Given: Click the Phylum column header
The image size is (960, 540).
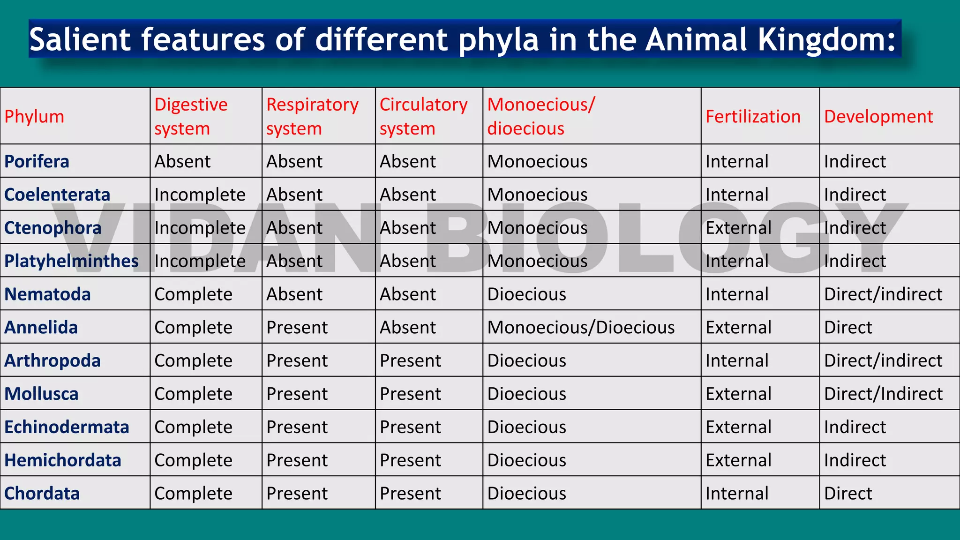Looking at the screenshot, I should click(34, 116).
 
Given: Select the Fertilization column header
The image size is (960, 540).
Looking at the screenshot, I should click(753, 116).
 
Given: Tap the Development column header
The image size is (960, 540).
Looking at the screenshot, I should click(878, 116).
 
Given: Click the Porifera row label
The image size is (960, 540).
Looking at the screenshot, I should click(37, 161).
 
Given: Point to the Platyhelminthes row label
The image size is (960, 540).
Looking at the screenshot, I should click(71, 261).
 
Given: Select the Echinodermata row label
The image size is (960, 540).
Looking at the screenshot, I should click(67, 427).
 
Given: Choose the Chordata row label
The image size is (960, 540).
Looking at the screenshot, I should click(42, 493).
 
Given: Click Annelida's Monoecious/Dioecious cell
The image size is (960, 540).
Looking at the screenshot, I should click(581, 327).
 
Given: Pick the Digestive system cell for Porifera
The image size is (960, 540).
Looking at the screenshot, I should click(182, 161).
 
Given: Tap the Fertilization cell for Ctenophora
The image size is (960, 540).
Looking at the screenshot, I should click(738, 228).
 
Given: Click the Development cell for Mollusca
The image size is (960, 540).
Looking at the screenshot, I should click(883, 394).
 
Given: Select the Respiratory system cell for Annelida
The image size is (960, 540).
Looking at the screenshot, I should click(297, 327).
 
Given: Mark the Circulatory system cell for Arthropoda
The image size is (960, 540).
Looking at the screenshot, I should click(410, 360).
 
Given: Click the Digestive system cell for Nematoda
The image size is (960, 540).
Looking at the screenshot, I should click(193, 294).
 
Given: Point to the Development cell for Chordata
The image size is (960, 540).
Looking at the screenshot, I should click(848, 493).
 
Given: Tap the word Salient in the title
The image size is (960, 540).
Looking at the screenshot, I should click(80, 39).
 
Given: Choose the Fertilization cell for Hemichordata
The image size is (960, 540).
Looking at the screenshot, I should click(738, 460).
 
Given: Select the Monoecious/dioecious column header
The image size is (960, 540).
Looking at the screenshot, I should click(540, 116).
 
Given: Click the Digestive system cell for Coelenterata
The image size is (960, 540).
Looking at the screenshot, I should click(200, 195).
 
